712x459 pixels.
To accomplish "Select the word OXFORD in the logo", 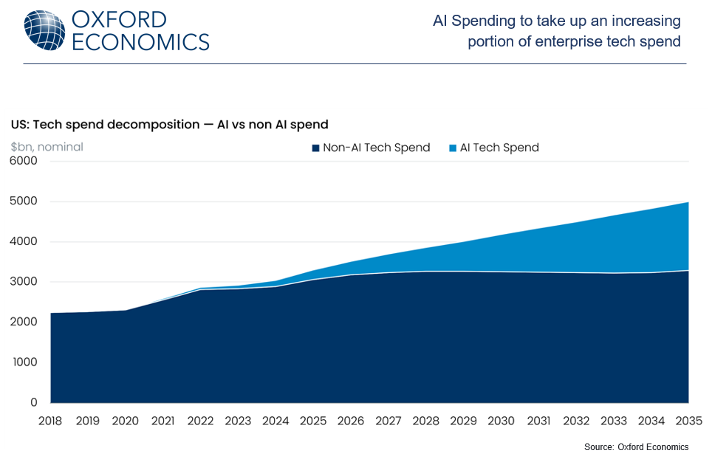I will tap(120, 19).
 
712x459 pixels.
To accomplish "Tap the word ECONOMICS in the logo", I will tap(140, 42).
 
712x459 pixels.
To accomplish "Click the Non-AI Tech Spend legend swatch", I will tap(316, 148).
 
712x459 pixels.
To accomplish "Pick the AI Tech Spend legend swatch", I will tap(453, 148).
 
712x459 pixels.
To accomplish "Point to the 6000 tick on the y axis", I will tap(24, 161).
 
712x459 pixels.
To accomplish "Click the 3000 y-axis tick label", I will tap(24, 282).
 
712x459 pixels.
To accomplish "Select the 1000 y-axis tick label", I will tap(24, 362).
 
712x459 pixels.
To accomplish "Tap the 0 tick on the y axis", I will tap(33, 403).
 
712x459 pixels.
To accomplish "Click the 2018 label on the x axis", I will tap(50, 421).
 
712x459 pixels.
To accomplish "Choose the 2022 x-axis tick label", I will tap(200, 421).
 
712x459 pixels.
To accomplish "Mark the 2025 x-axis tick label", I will tap(313, 421).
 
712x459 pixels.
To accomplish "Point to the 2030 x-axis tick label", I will tap(501, 421).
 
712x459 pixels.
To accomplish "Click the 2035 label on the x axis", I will tap(688, 421).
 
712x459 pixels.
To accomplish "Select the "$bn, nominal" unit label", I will tap(47, 147).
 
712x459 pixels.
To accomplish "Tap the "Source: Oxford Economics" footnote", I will tap(636, 447).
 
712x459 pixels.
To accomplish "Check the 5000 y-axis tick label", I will tap(24, 201).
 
